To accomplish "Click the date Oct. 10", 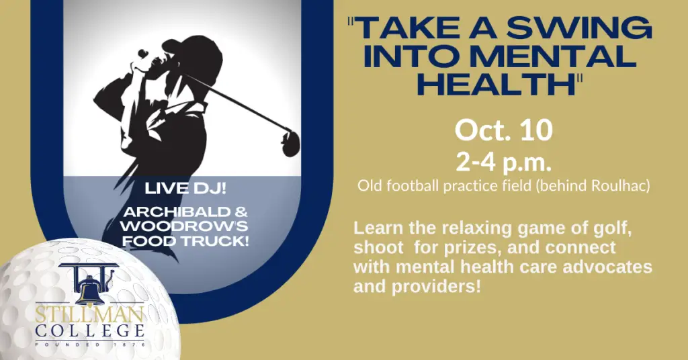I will pos(504,130).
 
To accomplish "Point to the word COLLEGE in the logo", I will pos(90,331).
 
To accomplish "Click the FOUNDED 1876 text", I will pos(90,345).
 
